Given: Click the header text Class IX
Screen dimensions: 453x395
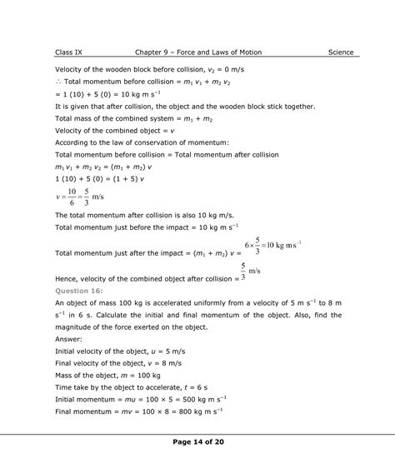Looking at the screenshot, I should tap(69, 52).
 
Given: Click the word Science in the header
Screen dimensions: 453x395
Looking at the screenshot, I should tap(338, 52).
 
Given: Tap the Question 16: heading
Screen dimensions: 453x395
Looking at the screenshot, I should tap(78, 291).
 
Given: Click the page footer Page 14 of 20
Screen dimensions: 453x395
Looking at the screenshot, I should tap(197, 441).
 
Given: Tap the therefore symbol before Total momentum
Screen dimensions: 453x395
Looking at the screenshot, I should tap(57, 83).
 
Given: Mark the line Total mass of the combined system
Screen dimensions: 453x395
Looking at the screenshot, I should tap(133, 119).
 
